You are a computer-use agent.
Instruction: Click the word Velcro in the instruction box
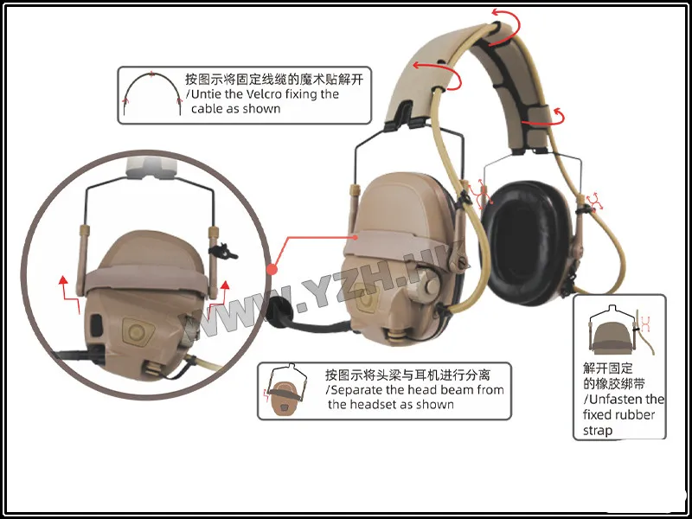(264, 94)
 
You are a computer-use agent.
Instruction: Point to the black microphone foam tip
(279, 312)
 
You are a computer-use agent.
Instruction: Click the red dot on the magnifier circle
(272, 269)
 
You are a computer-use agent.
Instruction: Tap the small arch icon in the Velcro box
(152, 93)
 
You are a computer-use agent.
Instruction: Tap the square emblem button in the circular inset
(138, 331)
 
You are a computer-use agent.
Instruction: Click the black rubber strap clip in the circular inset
(223, 252)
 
